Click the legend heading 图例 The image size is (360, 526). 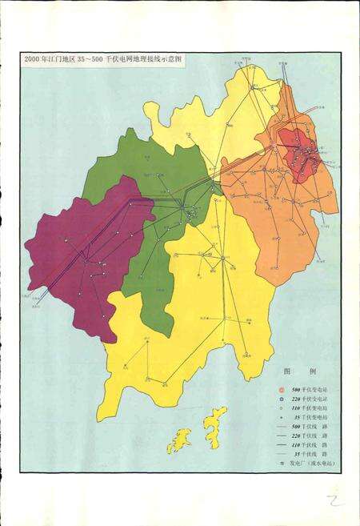300,371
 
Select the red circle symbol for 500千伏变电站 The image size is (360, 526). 282,388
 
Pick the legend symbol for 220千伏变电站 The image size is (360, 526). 282,399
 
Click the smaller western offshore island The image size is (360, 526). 179,440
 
